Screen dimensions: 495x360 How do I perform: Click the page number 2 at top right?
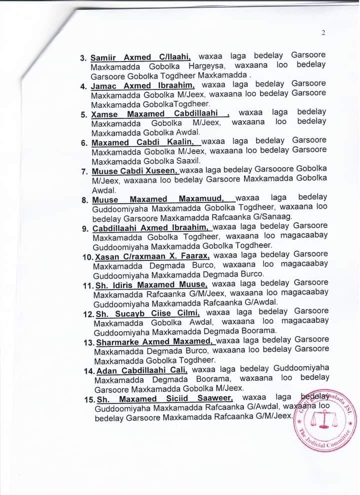pyautogui.click(x=323, y=33)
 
